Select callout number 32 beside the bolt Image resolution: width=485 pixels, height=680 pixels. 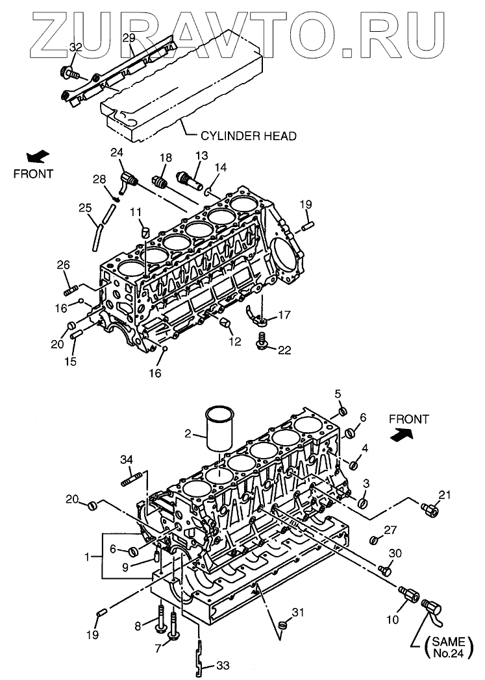[x=75, y=47]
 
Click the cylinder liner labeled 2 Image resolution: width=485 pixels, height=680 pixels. [x=219, y=430]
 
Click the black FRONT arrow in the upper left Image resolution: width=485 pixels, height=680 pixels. [x=38, y=156]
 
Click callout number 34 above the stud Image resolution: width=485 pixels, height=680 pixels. [x=127, y=459]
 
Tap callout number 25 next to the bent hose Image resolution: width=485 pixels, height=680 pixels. [x=85, y=208]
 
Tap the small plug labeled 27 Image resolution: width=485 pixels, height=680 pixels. [x=374, y=540]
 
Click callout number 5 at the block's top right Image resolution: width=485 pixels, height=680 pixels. [x=338, y=394]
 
